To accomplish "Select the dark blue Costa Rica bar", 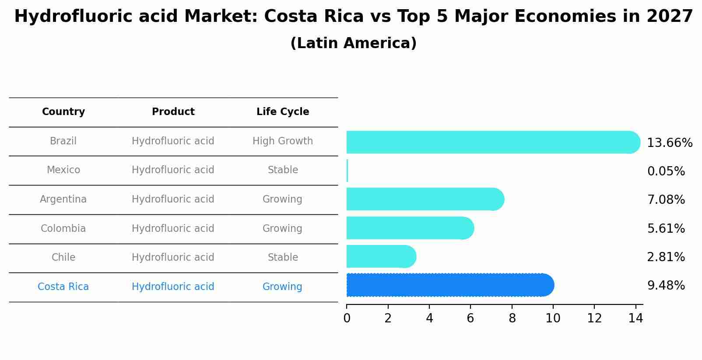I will point(450,285).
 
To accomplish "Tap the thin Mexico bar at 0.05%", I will point(347,171).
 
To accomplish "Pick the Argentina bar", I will point(425,199).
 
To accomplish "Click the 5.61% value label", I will point(666,228).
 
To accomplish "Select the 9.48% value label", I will point(666,286).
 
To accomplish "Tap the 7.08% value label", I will point(666,200).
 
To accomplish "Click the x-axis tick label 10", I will point(553,318).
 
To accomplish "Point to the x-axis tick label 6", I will point(470,318).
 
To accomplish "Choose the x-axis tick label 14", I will point(635,318).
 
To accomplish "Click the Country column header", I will point(63,112).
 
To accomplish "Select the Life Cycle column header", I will point(283,112).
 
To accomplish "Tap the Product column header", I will point(173,112).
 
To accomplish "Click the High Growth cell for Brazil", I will point(283,141).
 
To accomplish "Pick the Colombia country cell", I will point(63,229).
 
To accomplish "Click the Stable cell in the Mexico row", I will point(283,170).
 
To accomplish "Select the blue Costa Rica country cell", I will point(63,287).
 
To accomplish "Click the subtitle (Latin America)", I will point(353,43).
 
